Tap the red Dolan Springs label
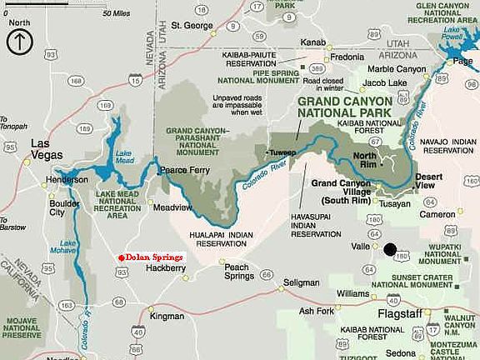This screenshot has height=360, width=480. [153, 258]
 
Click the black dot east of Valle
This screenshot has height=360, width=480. [389, 247]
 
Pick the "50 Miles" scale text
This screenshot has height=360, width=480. [116, 14]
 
